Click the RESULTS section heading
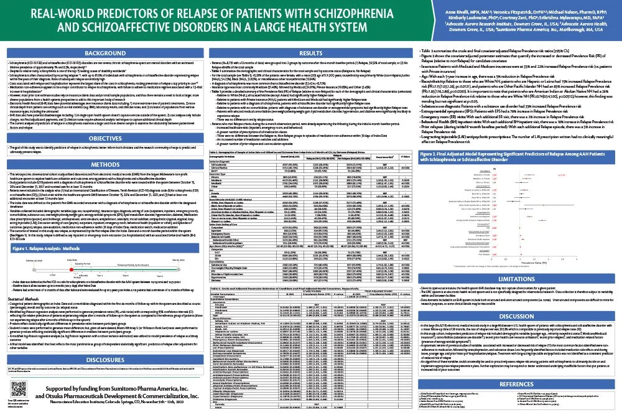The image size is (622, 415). [x=310, y=54]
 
